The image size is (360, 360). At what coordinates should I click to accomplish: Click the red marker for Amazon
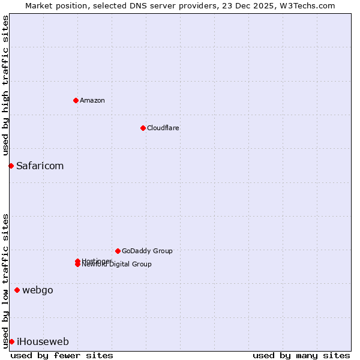tap(76, 100)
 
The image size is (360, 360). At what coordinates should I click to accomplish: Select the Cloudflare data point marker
tap(143, 128)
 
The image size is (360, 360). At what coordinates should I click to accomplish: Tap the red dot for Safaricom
tap(11, 166)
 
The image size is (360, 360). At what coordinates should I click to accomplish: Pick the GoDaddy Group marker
tap(118, 251)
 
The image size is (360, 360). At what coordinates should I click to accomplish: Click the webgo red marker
tap(17, 290)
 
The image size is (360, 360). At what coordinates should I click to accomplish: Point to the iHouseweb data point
tap(11, 342)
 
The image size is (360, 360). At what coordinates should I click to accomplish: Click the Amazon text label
tap(92, 100)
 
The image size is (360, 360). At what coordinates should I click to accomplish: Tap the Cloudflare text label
tap(163, 128)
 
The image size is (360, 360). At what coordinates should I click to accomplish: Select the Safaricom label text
tap(40, 166)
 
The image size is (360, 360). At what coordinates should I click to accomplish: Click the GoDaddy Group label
tap(147, 251)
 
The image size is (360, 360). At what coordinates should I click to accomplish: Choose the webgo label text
tap(38, 290)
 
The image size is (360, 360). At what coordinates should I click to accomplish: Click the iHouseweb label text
tap(43, 342)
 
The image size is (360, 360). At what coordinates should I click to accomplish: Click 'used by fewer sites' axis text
tap(62, 355)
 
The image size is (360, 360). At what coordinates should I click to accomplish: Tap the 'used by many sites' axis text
tap(301, 355)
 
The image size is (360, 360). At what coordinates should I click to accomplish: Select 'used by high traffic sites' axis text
tap(5, 86)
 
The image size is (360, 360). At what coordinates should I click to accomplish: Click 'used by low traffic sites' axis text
tap(5, 280)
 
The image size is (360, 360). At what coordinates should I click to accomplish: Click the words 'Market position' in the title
tap(53, 5)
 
